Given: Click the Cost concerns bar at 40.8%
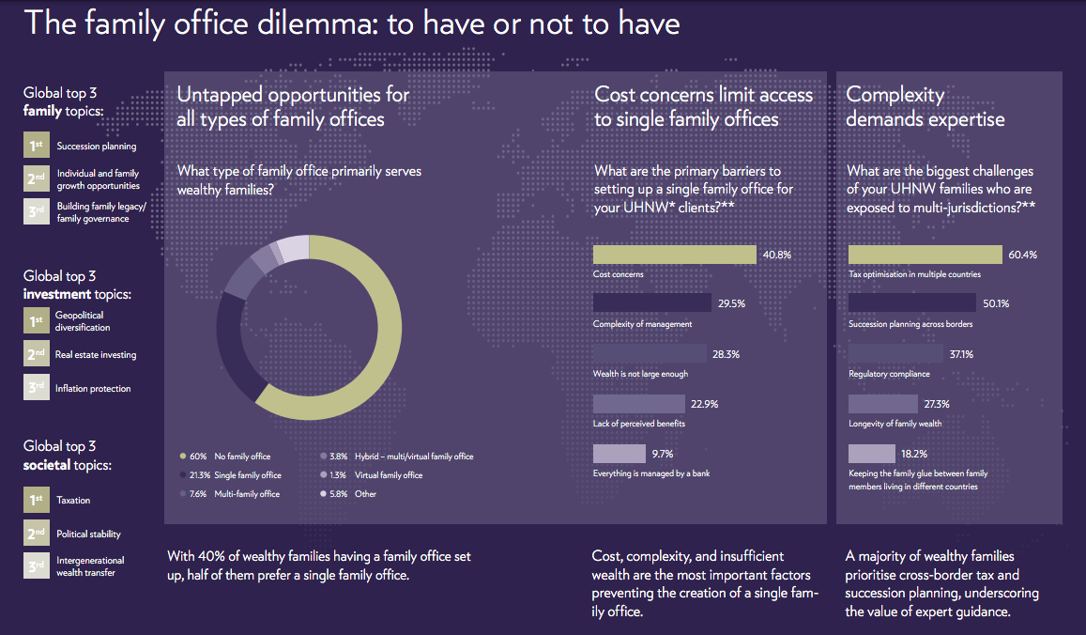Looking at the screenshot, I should [x=674, y=255].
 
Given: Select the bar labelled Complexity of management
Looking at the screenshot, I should [x=651, y=302].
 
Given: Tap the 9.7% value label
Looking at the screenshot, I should [x=662, y=454].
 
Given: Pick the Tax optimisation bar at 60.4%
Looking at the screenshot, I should [x=925, y=255].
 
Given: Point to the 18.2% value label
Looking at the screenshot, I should [x=901, y=454].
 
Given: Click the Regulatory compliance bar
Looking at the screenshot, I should [x=895, y=353].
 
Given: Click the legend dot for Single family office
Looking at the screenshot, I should [x=182, y=475].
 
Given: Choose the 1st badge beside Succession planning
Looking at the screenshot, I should [x=37, y=146].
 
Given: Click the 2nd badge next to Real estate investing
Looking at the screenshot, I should [x=37, y=354].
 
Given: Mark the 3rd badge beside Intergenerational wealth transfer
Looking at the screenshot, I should [x=37, y=565].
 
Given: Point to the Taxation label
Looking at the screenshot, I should [x=73, y=501].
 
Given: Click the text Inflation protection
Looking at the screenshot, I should [x=93, y=389].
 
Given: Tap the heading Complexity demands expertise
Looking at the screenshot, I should [x=925, y=107].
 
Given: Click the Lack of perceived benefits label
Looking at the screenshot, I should [x=639, y=424].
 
